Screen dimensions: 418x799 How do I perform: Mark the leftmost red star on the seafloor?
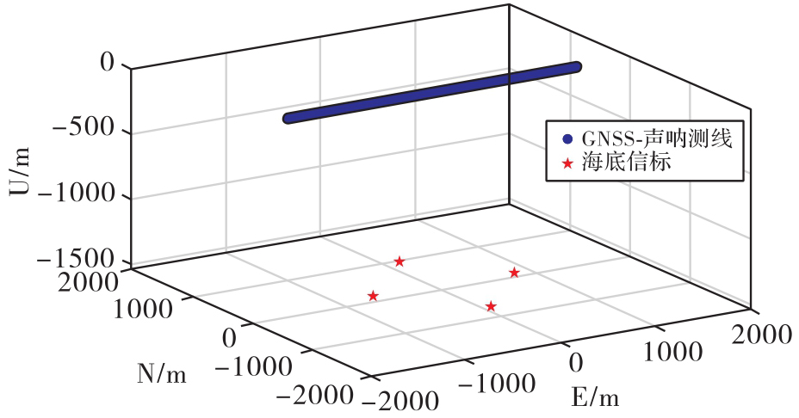pyautogui.click(x=373, y=296)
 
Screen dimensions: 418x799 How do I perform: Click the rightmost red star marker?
pyautogui.click(x=514, y=273)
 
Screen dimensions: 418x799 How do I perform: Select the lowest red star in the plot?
pyautogui.click(x=491, y=306)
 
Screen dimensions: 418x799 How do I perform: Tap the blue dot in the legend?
pyautogui.click(x=566, y=138)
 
